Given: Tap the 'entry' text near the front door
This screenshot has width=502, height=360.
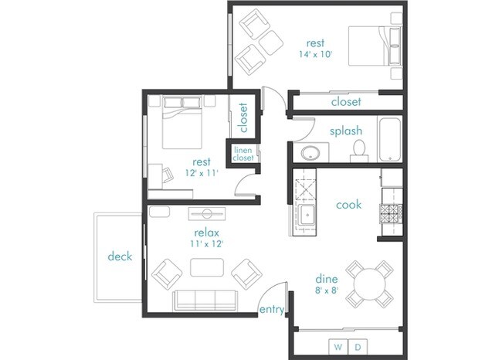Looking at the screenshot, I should (273, 310).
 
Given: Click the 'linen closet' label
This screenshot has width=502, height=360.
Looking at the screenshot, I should (243, 154).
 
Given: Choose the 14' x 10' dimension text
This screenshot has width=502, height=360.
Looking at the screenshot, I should (315, 55).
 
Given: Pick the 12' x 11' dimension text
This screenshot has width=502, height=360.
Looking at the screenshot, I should (201, 173).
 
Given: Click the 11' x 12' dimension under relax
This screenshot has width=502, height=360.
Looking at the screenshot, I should (206, 243).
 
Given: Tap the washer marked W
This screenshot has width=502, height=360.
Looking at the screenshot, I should (337, 348).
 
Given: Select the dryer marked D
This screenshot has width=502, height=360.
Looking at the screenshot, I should (358, 348).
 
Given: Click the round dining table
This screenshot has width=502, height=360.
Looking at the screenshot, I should (369, 282).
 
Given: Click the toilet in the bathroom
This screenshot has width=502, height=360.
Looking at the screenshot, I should (358, 150).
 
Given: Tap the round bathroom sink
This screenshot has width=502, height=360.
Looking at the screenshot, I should (313, 151).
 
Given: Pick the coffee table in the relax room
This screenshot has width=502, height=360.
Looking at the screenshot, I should (207, 267).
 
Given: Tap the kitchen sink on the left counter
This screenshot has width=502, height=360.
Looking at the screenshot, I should (307, 216).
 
